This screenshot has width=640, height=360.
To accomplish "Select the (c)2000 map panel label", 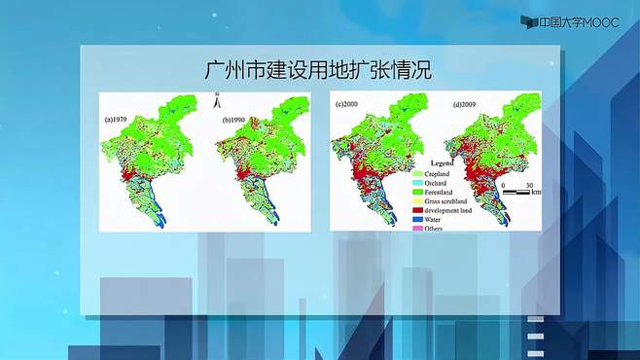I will click(x=349, y=104).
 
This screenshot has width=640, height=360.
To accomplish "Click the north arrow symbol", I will click(x=219, y=99).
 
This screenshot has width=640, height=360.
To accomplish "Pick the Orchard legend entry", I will click(x=443, y=184).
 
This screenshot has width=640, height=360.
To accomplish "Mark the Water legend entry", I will click(x=440, y=220).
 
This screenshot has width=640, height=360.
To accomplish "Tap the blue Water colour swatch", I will click(x=422, y=220).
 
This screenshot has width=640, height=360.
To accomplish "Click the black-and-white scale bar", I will click(x=516, y=193).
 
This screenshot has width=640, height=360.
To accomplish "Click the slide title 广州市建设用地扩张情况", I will click(x=320, y=71).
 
